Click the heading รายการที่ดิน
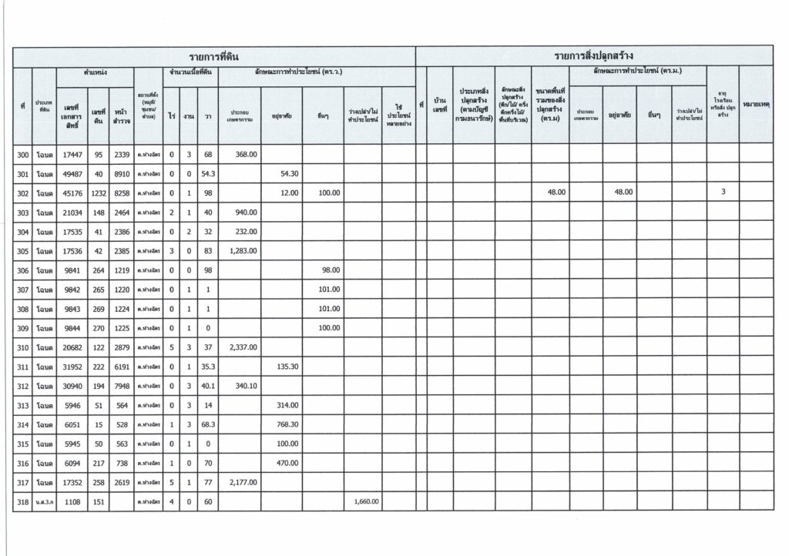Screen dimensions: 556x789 click(x=214, y=56)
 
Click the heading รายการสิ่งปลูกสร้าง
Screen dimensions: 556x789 click(x=593, y=56)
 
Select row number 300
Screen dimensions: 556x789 click(x=22, y=156)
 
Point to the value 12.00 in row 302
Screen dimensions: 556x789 click(x=289, y=193)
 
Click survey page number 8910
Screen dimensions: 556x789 click(x=121, y=174)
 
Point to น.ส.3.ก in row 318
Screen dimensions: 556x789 click(x=44, y=502)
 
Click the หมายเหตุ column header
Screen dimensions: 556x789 click(x=756, y=104)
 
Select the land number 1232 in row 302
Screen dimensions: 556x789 click(x=98, y=193)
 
